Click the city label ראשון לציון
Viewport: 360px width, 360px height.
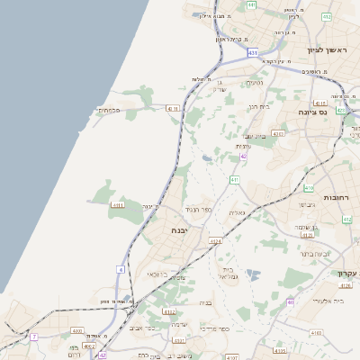[327, 49]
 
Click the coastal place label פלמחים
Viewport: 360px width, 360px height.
[108, 110]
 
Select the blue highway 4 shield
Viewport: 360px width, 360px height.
[120, 269]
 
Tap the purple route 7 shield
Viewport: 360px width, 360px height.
[34, 337]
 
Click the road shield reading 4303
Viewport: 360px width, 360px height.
[277, 133]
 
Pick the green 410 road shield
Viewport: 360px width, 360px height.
[309, 189]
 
